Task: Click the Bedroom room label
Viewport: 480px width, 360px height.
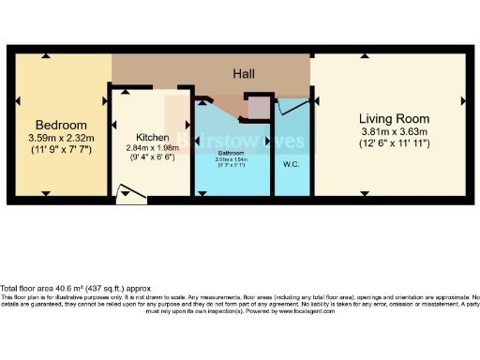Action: [x=61, y=125]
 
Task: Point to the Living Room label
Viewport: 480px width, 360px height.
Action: [x=394, y=119]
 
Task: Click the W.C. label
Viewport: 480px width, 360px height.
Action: [x=291, y=165]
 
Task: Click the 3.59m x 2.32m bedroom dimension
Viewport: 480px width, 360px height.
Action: [x=61, y=138]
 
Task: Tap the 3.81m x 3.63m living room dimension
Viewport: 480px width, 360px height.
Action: [x=394, y=131]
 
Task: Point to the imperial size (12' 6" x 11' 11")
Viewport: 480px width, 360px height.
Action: [x=394, y=143]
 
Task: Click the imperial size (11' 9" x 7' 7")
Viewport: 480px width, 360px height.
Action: [x=61, y=149]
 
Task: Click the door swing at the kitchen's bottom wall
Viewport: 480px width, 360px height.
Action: [x=130, y=194]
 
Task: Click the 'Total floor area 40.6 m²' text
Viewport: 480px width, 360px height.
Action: [x=55, y=288]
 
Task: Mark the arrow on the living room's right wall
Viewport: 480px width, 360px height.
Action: [x=461, y=99]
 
